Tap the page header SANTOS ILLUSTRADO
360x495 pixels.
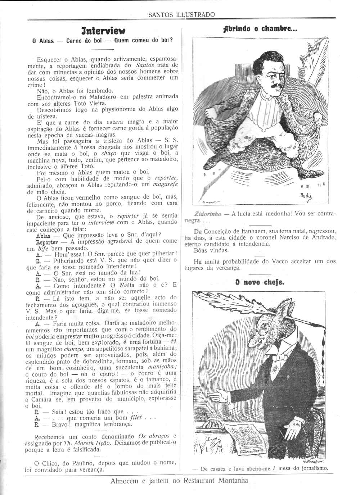click(182, 15)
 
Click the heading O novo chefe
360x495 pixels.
click(260, 282)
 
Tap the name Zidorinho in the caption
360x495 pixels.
click(206, 214)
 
